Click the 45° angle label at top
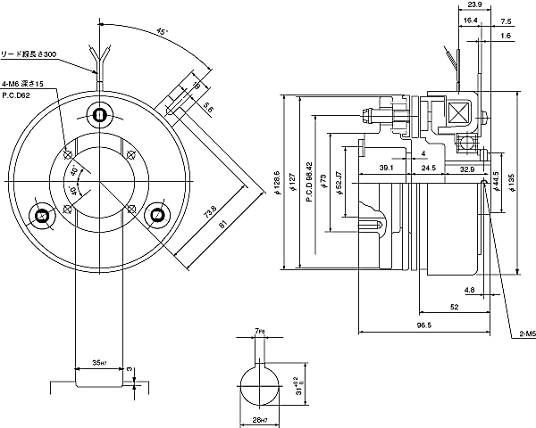(161, 32)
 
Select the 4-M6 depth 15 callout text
(22, 83)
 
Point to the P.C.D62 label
(17, 94)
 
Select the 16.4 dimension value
(470, 21)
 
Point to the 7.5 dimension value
(506, 21)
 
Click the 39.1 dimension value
(387, 168)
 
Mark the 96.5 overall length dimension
(423, 326)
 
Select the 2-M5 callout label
(525, 334)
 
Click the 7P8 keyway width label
(259, 332)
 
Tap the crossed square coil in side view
(461, 114)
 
